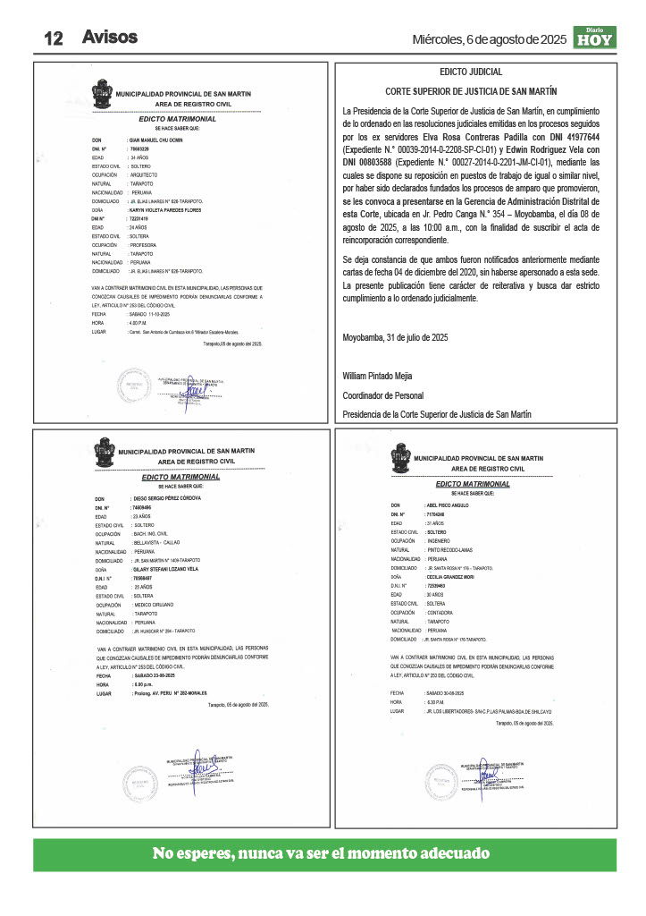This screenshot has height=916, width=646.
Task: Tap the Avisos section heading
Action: click(109, 38)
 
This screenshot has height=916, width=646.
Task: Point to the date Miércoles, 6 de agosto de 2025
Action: click(489, 39)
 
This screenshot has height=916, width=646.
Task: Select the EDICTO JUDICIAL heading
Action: click(471, 72)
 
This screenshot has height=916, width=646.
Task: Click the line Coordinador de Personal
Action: click(383, 395)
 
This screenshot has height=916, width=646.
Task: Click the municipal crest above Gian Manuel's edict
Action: click(101, 93)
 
